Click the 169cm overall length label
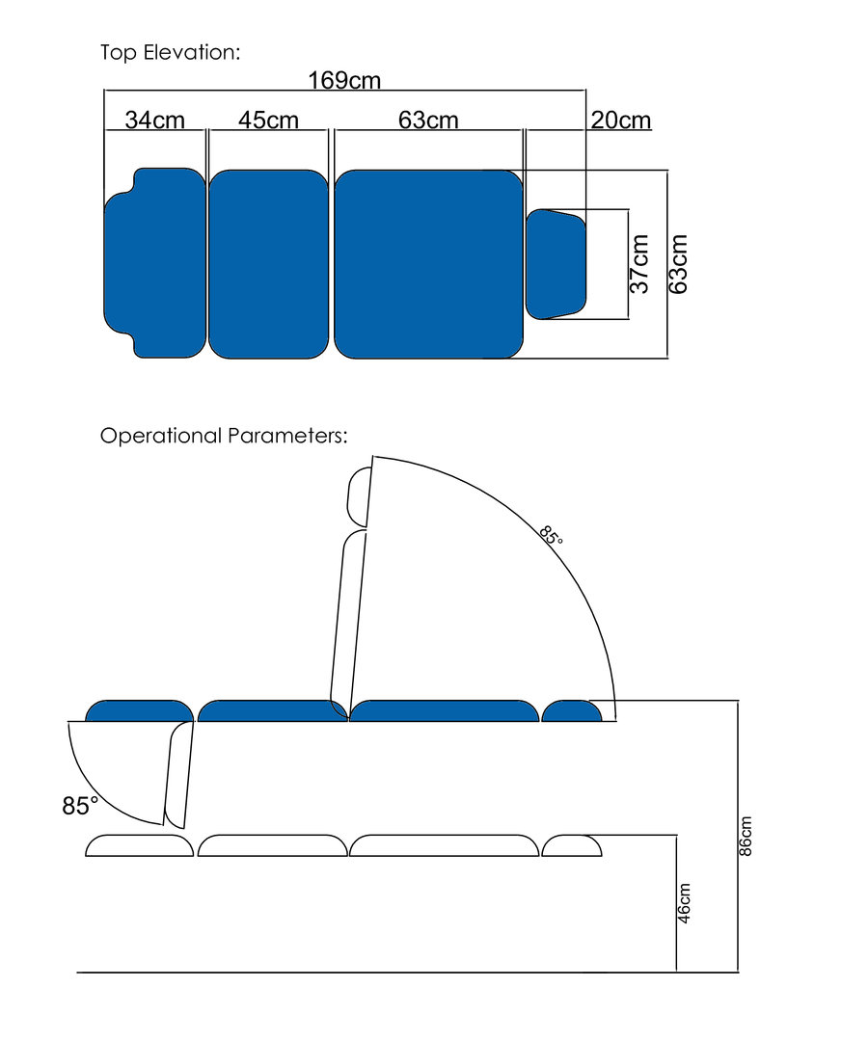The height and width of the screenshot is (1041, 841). pos(344,80)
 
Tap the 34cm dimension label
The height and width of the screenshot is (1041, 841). pos(154,120)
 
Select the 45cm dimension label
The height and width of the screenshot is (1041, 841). pos(268,120)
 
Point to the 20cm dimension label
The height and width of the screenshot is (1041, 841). pos(621,120)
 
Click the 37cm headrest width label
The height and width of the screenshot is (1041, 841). pos(639,263)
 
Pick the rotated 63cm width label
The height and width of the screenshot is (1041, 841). pos(678,263)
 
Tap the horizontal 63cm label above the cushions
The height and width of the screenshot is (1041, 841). pos(428,120)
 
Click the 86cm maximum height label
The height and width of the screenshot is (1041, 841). pos(746,837)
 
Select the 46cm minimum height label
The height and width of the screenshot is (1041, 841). pos(684,903)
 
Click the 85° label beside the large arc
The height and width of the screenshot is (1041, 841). pos(551,534)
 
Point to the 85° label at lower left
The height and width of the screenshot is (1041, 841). pos(80,805)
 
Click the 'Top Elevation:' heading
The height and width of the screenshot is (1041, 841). pos(170,52)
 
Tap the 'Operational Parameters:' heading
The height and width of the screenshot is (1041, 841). pos(224,436)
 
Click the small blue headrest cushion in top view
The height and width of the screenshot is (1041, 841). pos(556,264)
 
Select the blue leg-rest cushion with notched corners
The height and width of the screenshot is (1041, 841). pos(154,263)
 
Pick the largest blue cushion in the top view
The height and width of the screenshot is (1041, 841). pos(429,264)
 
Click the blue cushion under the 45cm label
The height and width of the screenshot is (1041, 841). pos(268,264)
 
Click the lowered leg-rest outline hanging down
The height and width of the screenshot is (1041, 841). pos(178,775)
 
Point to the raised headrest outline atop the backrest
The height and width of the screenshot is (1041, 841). pos(360,496)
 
